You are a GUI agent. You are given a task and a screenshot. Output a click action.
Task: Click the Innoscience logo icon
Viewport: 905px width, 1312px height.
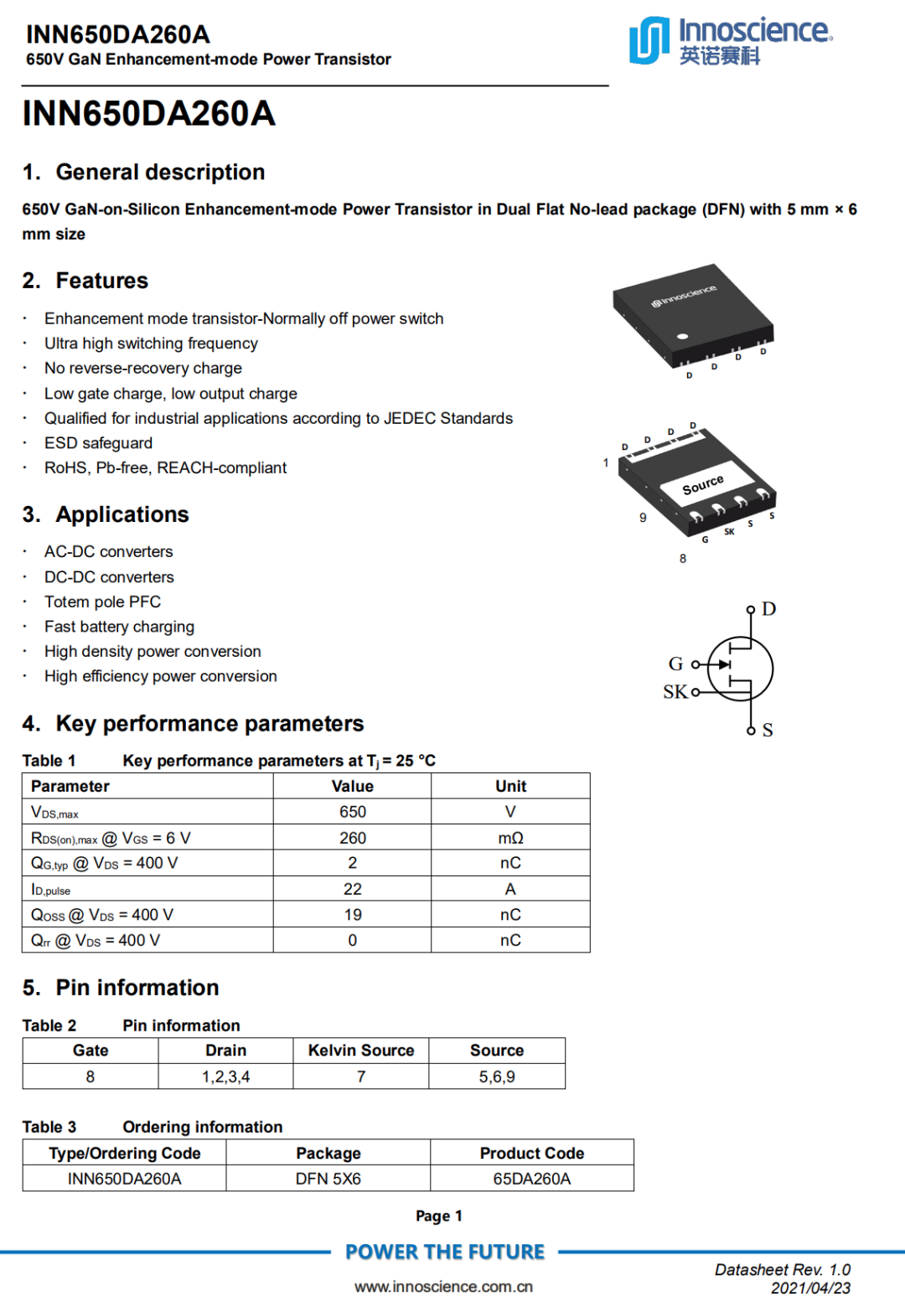[x=649, y=40]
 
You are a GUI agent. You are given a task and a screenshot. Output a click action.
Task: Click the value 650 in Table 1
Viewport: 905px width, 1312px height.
[x=352, y=812]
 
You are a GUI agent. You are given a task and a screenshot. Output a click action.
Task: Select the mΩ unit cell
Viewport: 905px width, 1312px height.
[x=510, y=838]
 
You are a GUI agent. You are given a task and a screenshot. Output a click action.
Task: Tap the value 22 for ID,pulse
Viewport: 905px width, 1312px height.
[x=352, y=889]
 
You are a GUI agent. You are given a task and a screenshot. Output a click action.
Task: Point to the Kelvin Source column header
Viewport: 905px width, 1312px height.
[x=361, y=1051]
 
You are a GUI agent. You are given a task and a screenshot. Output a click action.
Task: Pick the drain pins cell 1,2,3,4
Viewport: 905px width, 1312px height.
[x=225, y=1077]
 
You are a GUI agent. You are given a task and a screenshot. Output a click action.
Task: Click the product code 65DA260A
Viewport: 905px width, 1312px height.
[x=531, y=1179]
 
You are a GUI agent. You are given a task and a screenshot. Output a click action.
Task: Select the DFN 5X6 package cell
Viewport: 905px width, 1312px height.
[x=328, y=1179]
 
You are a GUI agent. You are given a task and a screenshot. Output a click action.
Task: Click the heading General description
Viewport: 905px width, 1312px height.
[x=160, y=172]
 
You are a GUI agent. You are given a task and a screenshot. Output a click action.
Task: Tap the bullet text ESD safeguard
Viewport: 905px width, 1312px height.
[x=98, y=443]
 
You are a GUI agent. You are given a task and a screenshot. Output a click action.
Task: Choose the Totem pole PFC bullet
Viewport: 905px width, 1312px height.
[x=102, y=602]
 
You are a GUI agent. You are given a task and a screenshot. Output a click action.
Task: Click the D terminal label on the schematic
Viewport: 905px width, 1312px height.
[x=768, y=609]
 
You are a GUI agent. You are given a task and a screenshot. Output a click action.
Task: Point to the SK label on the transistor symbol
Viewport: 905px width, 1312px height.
[x=675, y=692]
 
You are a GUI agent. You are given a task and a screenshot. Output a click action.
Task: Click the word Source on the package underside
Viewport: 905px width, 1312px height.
[x=702, y=485]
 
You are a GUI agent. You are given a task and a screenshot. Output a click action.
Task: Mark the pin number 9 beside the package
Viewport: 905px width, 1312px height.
[x=643, y=518]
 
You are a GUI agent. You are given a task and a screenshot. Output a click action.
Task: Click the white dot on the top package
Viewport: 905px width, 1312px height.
[x=682, y=337]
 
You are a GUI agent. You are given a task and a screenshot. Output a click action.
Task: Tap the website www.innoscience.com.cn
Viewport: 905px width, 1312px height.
[x=443, y=1287]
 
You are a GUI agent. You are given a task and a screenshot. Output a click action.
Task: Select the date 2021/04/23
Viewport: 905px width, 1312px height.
[x=810, y=1289]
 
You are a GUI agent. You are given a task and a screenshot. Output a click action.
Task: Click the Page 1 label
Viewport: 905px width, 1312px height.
[x=439, y=1216]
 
